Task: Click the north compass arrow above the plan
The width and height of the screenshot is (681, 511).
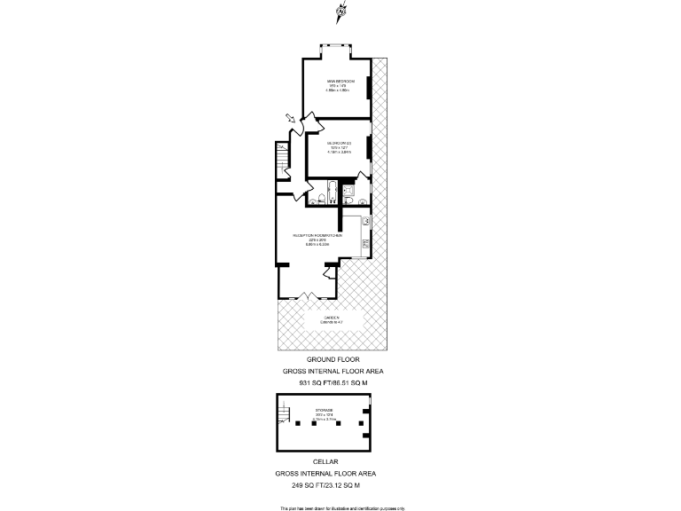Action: [341, 12]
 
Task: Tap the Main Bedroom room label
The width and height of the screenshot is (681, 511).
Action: [340, 85]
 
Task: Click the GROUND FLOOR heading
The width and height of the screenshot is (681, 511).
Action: [333, 360]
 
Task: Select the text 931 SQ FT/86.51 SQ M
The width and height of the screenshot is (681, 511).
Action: [333, 384]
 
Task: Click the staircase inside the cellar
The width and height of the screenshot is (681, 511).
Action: [285, 413]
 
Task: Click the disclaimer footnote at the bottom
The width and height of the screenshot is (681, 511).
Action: [342, 507]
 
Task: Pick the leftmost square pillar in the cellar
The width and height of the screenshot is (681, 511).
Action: [299, 424]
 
